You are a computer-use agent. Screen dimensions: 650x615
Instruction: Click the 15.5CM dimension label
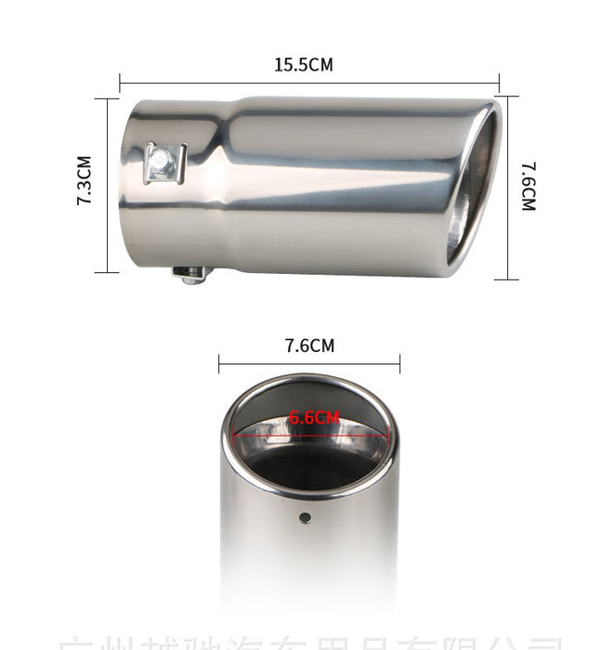coord(303,65)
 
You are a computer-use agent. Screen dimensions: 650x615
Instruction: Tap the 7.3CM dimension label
coord(85,180)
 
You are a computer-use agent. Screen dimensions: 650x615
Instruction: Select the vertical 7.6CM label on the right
coord(529,187)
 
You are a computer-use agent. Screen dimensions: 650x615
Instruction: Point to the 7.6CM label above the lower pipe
coord(309,346)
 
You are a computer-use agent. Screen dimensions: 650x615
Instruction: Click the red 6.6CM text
coord(314,418)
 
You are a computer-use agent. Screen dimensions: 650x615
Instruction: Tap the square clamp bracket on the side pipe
coord(164,163)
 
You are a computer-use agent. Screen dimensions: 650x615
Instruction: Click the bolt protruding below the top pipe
coord(190,274)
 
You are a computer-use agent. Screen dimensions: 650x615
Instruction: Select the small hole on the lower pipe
coord(305,515)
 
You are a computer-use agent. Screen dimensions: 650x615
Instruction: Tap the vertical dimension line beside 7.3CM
coord(106,186)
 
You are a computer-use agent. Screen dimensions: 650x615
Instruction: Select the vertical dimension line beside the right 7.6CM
coord(506,186)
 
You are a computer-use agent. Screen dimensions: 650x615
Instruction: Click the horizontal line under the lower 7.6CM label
coord(309,362)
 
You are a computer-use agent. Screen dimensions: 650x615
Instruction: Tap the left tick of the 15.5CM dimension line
coord(120,82)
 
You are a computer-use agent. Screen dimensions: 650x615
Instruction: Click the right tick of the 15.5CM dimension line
coord(500,82)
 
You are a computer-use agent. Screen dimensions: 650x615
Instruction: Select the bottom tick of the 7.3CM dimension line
coord(106,272)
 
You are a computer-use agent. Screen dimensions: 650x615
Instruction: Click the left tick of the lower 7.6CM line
coord(219,362)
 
